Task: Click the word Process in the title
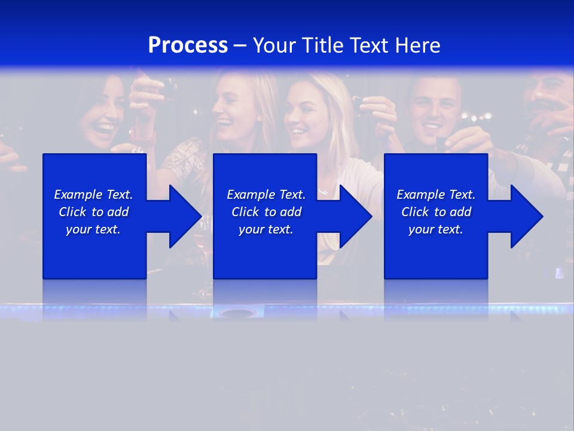click(188, 45)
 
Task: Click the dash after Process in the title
click(240, 45)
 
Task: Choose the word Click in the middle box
click(245, 212)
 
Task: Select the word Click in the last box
click(415, 212)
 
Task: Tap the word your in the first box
click(79, 229)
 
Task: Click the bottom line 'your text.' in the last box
click(435, 229)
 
